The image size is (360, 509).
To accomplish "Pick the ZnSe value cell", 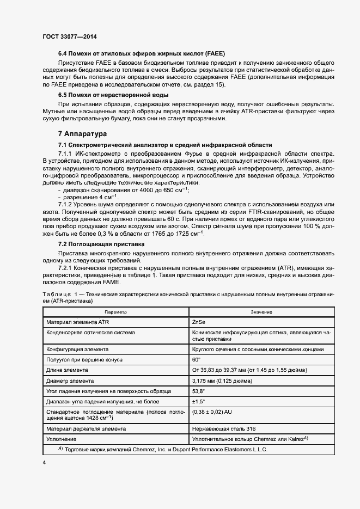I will [x=199, y=322].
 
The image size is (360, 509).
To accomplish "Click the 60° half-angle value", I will [x=197, y=360].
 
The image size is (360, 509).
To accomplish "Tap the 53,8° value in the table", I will [x=199, y=391].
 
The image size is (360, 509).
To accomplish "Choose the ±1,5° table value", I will [x=198, y=401].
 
